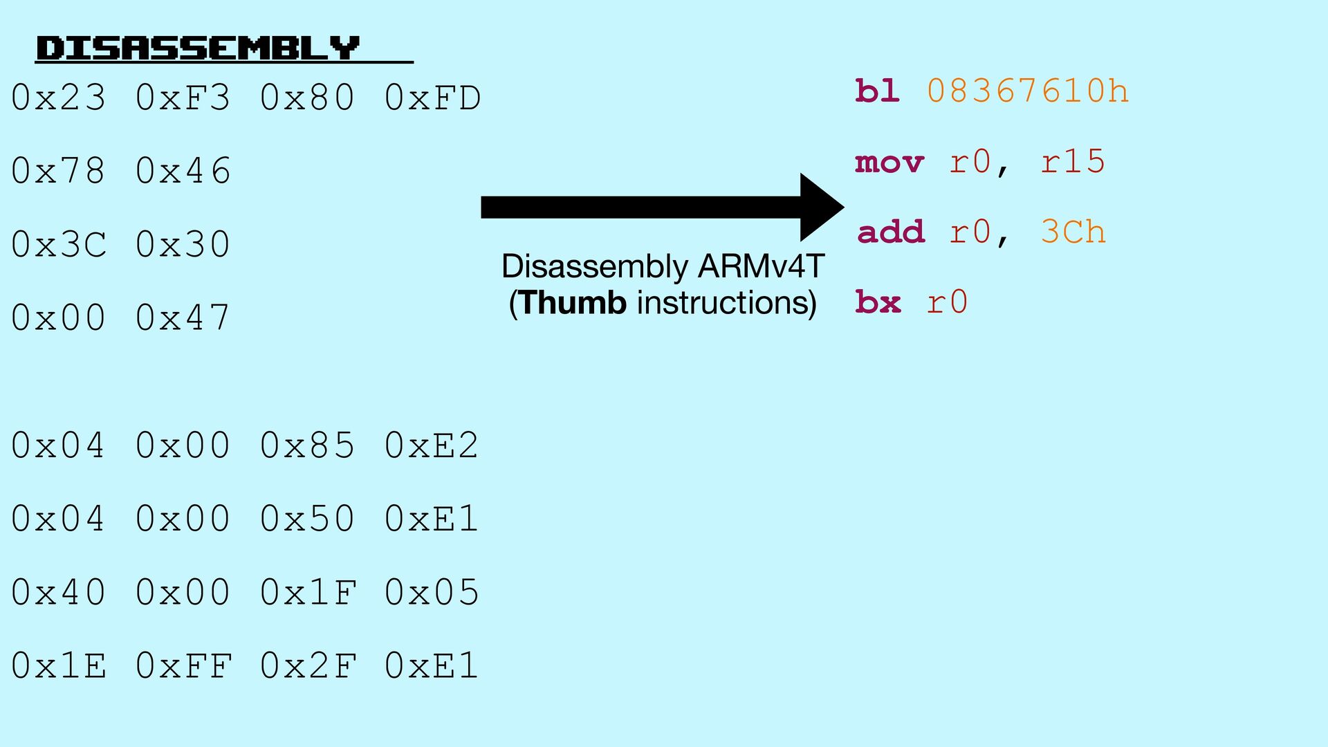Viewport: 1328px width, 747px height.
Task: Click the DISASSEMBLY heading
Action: [x=198, y=48]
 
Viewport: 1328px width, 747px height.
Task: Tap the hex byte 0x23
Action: [x=59, y=98]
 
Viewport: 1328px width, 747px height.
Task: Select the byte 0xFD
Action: [x=432, y=98]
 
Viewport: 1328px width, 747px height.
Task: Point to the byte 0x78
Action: [x=59, y=171]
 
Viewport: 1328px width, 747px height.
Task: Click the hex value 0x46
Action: [x=183, y=171]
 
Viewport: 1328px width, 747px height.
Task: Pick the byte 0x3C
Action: [x=59, y=244]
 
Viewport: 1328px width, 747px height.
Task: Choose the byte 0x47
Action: [x=183, y=317]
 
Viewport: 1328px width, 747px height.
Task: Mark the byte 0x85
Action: [x=308, y=445]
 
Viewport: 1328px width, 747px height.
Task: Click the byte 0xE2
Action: [x=432, y=445]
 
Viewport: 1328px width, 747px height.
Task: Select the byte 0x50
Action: [x=308, y=518]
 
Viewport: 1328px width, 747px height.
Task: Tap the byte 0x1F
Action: [x=308, y=592]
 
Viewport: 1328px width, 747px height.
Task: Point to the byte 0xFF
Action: [x=183, y=665]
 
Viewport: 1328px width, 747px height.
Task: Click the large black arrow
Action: [x=662, y=207]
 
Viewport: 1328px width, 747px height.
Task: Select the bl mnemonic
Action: [x=878, y=91]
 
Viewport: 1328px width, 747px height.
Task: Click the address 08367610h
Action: [x=1028, y=91]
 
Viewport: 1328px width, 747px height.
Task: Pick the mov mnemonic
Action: [x=889, y=163]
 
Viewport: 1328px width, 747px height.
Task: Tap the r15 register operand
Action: [x=1073, y=162]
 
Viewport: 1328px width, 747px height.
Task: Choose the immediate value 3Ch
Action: [x=1073, y=232]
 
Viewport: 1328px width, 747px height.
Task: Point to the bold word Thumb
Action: [x=573, y=303]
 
